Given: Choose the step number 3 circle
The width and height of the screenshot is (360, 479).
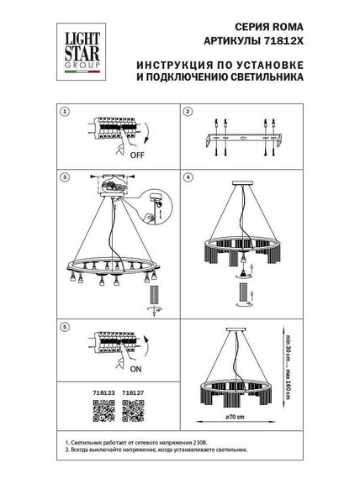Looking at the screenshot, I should (67, 178).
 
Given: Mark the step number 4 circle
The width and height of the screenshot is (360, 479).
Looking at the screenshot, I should (188, 178).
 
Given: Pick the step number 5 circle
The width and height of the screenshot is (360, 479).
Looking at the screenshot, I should (67, 324).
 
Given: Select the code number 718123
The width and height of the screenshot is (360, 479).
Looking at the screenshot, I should (98, 393).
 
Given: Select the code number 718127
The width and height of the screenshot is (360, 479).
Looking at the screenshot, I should (133, 393).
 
